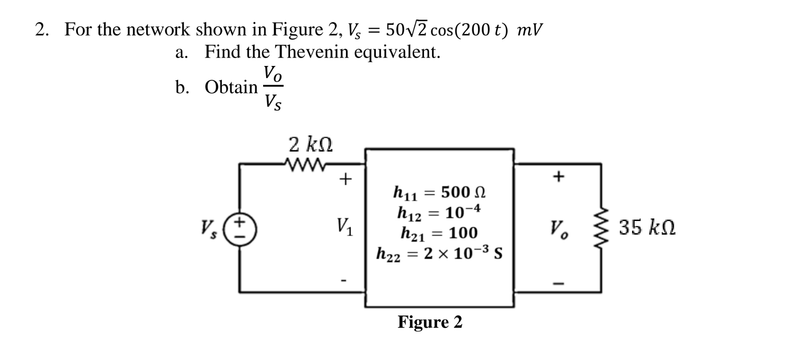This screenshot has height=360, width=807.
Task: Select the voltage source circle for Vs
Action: pyautogui.click(x=240, y=229)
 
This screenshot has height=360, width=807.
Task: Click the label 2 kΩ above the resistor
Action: pyautogui.click(x=311, y=145)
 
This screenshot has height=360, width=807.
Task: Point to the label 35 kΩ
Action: pyautogui.click(x=647, y=228)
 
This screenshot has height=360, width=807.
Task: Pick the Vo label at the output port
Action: pyautogui.click(x=559, y=229)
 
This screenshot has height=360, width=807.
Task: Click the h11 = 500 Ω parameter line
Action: pyautogui.click(x=439, y=192)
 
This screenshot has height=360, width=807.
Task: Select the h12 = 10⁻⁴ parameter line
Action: pyautogui.click(x=439, y=213)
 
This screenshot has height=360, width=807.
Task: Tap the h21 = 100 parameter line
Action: pyautogui.click(x=439, y=233)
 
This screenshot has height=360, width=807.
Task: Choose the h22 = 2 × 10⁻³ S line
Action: pyautogui.click(x=439, y=253)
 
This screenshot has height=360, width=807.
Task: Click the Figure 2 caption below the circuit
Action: pyautogui.click(x=430, y=322)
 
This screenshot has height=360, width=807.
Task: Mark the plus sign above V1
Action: pyautogui.click(x=345, y=179)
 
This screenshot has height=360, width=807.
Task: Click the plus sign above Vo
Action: pyautogui.click(x=558, y=176)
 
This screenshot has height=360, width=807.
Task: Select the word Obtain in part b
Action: pyautogui.click(x=231, y=87)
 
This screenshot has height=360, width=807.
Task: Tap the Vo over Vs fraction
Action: pyautogui.click(x=273, y=87)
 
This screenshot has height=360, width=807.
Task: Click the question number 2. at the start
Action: pyautogui.click(x=42, y=30)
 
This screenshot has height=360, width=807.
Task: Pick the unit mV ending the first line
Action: pyautogui.click(x=530, y=30)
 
